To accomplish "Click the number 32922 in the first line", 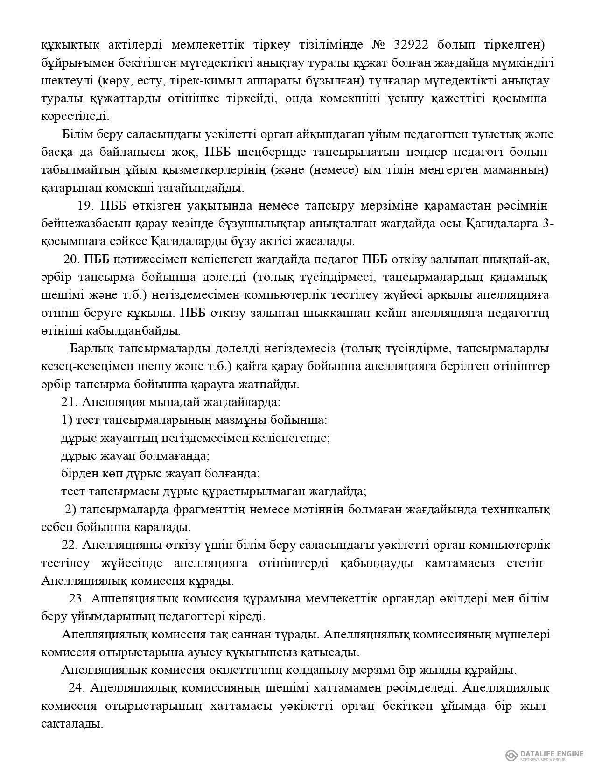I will (414, 45).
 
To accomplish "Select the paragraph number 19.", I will (87, 206).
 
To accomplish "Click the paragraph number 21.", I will (68, 402).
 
